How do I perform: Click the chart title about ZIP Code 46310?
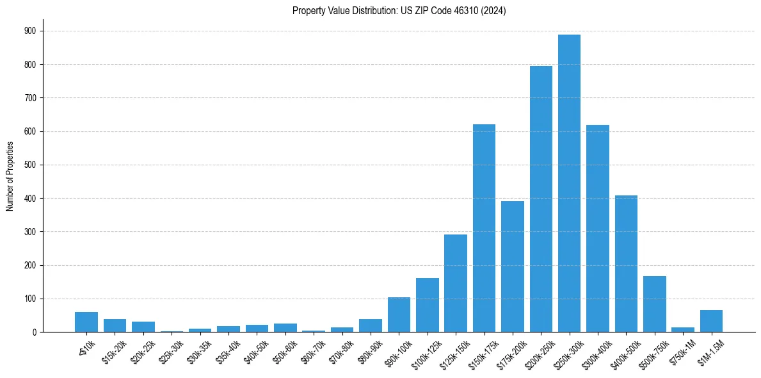click(x=399, y=11)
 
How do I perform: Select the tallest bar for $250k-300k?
click(x=569, y=183)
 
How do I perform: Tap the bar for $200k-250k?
click(x=541, y=199)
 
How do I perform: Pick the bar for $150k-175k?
click(x=484, y=228)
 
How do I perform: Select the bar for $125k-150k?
click(x=456, y=283)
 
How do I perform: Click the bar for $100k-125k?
click(x=427, y=305)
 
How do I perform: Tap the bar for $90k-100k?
click(x=399, y=315)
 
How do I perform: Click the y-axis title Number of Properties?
click(x=10, y=176)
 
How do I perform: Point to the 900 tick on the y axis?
click(x=30, y=31)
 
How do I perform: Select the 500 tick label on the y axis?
click(x=30, y=165)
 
